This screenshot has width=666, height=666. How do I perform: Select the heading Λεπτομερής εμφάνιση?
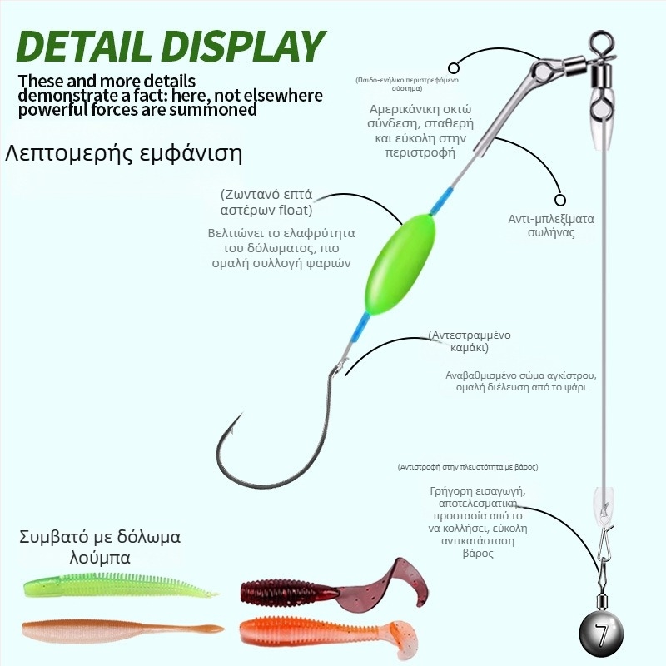coord(124,154)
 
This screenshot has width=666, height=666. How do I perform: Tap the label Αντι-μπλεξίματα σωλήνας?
coord(551,226)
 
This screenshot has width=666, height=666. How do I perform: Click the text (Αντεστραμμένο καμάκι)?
coord(470,341)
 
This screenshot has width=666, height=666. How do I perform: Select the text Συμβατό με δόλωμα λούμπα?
coord(99,546)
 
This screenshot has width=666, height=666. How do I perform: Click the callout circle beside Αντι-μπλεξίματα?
coord(560,199)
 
